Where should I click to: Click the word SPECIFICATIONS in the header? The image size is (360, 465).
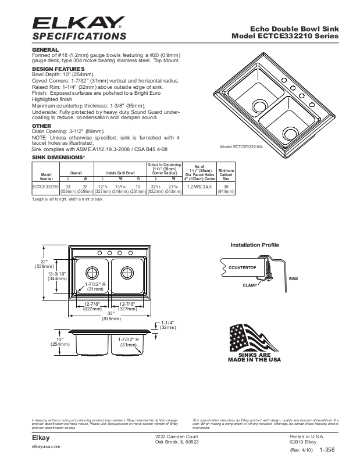80,37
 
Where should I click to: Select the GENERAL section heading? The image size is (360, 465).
45,51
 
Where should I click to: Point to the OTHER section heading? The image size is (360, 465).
42,126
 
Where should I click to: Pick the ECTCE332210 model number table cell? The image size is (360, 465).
45,186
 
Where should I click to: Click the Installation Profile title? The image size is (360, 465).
255,245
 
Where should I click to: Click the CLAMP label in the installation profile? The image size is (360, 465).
250,286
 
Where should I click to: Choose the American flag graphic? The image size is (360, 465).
255,338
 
